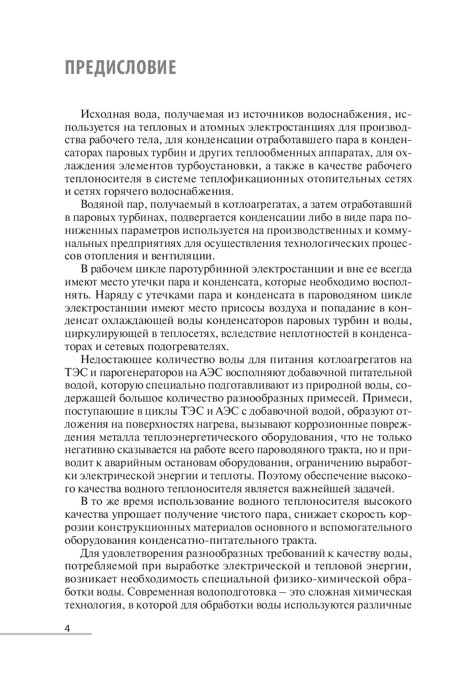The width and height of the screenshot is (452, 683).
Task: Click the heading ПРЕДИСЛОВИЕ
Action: coord(120,69)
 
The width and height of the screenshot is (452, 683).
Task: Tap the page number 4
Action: coord(67,627)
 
